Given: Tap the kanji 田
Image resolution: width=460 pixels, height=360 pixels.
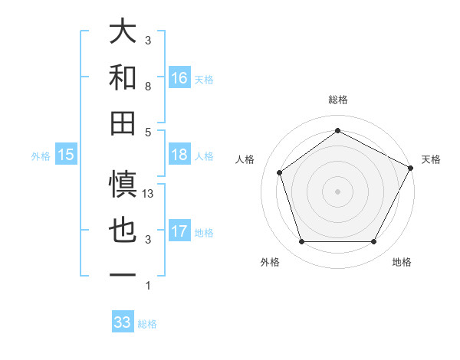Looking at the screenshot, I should (x=123, y=123).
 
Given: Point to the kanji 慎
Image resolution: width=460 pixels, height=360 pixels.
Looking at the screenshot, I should (x=123, y=184).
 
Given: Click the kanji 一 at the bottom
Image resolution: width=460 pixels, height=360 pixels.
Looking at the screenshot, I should (x=123, y=275).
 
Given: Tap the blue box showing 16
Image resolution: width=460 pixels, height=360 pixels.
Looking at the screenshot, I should (x=179, y=77).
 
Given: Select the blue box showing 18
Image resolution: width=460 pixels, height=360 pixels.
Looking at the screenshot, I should (x=179, y=155).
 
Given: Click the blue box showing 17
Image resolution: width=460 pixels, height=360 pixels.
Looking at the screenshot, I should (x=179, y=231).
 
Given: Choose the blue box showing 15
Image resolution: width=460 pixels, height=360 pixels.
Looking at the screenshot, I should (x=66, y=155).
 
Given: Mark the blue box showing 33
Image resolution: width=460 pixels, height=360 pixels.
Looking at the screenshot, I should (x=123, y=322).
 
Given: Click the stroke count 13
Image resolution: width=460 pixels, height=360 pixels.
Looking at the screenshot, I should (x=149, y=194).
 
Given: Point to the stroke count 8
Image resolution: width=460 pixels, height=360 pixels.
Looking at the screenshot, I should (x=148, y=87).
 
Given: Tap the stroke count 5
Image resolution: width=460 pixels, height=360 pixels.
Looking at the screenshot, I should (x=148, y=132).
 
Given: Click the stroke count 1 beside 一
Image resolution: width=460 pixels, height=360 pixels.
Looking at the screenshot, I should (x=148, y=286).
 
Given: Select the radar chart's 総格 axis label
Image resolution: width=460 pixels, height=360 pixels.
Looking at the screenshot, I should (x=337, y=100).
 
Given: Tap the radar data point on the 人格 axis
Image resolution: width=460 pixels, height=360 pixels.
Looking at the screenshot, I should (x=280, y=172).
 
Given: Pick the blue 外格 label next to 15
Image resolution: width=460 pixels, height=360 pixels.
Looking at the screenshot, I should (x=41, y=155).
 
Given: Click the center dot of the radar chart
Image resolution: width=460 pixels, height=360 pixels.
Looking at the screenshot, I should (x=337, y=191).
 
